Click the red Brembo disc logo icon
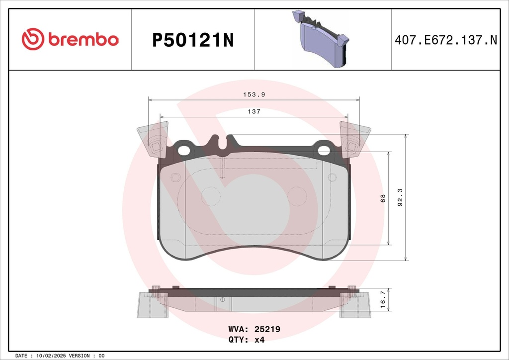click(33, 39)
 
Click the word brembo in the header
click(84, 39)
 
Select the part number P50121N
click(193, 41)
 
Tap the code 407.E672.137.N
click(446, 40)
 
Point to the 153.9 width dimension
click(254, 94)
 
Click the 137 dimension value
click(254, 111)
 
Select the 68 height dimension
click(383, 198)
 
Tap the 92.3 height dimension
click(400, 197)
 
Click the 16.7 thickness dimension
click(383, 299)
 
